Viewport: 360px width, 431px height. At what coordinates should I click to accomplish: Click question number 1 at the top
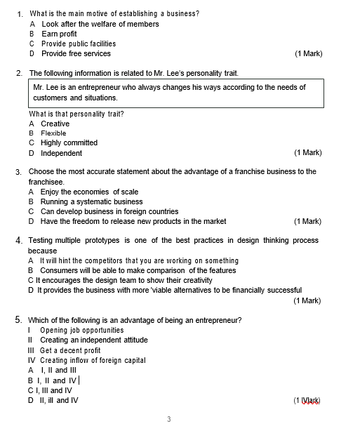pos(20,14)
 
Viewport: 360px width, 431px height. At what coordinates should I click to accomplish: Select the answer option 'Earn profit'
pos(59,34)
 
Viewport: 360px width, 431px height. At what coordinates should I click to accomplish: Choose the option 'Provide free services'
pos(76,53)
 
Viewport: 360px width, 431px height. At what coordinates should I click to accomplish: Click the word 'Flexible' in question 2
pos(53,133)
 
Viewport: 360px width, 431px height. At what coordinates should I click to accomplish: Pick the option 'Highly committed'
pos(69,142)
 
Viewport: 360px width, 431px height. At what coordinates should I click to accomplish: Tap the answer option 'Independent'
pos(61,153)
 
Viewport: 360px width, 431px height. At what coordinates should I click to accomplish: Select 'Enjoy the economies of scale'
pos(89,192)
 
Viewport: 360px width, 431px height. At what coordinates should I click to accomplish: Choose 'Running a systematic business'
pos(91,201)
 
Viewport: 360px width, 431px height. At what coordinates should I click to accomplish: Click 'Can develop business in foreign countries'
pos(109,211)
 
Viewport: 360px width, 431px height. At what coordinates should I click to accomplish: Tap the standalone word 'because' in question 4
pos(43,251)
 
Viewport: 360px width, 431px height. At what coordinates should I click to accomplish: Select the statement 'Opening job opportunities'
pos(81,330)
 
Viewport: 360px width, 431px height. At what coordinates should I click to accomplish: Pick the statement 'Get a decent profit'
pos(70,350)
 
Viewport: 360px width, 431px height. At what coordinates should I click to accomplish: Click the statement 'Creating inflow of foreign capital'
pos(93,360)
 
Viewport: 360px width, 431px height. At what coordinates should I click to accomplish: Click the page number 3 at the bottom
pos(168,420)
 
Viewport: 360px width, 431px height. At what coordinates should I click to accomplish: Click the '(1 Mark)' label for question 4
pos(307,300)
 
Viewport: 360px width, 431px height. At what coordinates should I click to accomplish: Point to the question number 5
pos(19,320)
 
